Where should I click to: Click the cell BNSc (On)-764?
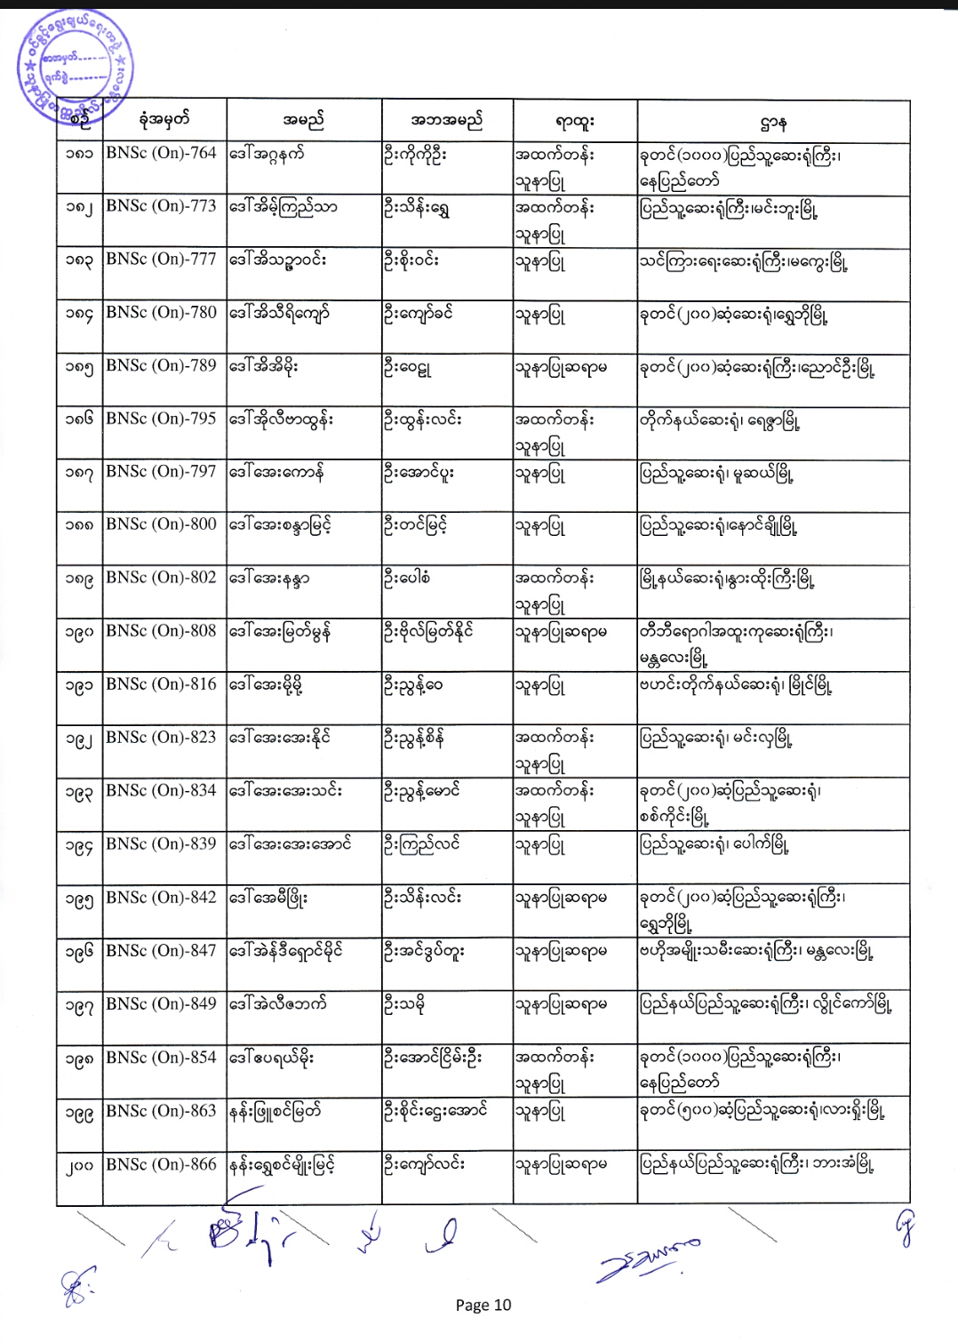[x=161, y=153]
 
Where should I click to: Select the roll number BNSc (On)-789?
[x=161, y=365]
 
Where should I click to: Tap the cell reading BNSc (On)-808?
[x=161, y=631]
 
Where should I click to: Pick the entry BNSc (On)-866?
[x=161, y=1164]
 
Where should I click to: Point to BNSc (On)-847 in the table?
[x=161, y=951]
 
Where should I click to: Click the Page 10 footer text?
[x=483, y=1305]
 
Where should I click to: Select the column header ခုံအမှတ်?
[x=164, y=120]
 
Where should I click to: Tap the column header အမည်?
[x=304, y=120]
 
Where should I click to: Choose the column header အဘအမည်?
[x=447, y=120]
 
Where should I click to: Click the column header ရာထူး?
[x=574, y=121]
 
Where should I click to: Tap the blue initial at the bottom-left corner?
[x=77, y=1288]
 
